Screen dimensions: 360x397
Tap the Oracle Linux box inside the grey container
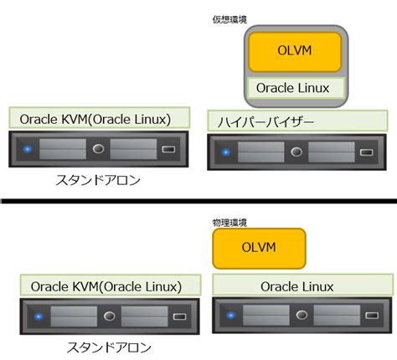pos(294,87)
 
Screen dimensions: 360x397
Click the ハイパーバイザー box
pos(296,122)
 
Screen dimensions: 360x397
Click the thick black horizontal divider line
pos(198,201)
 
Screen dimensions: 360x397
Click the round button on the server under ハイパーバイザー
pos(295,152)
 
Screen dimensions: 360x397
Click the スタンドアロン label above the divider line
pos(99,178)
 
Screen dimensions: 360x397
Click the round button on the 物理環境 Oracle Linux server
pos(299,316)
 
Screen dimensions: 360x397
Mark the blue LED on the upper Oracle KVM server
pos(28,151)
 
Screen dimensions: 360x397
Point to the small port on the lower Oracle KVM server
pos(180,316)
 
